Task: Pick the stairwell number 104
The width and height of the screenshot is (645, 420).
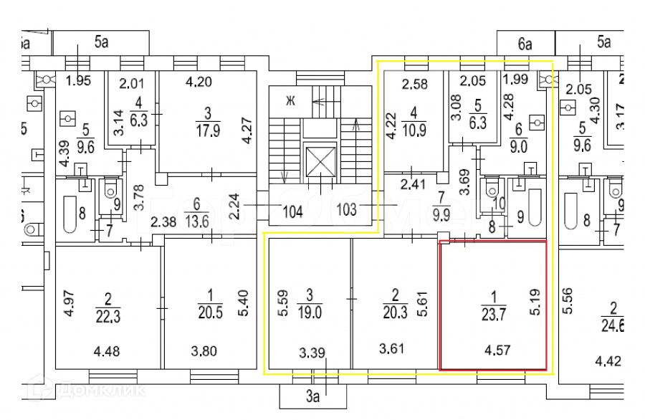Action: point(292,213)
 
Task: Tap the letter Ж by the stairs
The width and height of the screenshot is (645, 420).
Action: point(290,100)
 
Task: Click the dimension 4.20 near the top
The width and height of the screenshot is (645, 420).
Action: point(199,81)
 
